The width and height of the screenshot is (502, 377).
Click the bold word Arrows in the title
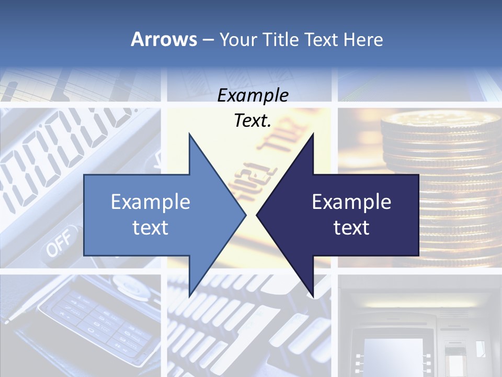point(164,39)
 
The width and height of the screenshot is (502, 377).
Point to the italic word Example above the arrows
point(253,96)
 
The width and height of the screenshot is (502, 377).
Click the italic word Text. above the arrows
point(253,121)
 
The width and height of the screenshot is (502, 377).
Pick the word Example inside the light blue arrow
point(151,202)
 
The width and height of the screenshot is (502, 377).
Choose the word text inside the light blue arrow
point(151,227)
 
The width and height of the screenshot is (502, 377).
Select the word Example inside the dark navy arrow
point(351,202)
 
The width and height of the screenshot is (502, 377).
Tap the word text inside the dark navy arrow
point(351,227)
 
